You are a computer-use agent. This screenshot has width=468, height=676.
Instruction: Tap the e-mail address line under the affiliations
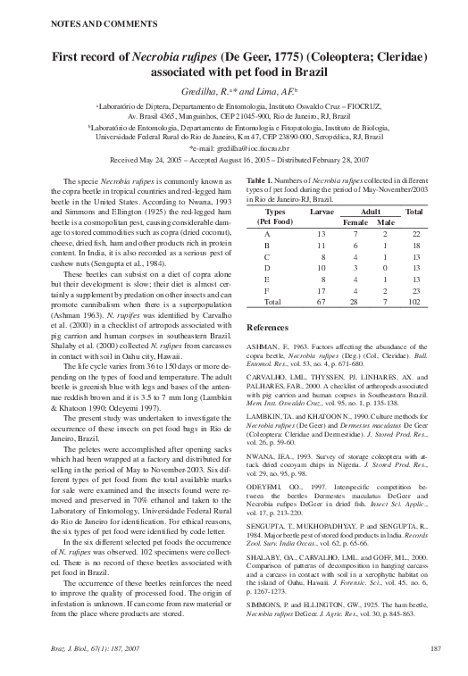(x=233, y=148)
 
